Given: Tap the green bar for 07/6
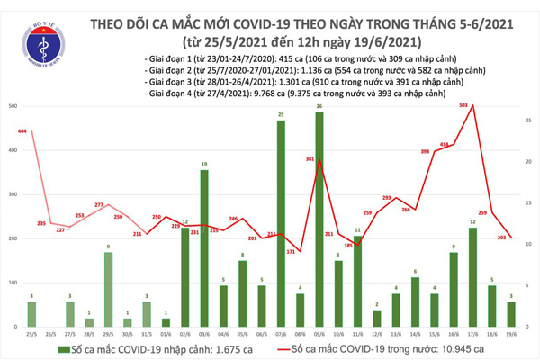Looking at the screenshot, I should (281, 222).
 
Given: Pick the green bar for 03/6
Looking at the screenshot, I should (204, 247).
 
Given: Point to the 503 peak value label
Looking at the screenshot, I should (463, 105).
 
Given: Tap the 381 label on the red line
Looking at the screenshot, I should (310, 160).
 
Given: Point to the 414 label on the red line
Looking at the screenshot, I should (445, 144).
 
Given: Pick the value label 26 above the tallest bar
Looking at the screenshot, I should (319, 107).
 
